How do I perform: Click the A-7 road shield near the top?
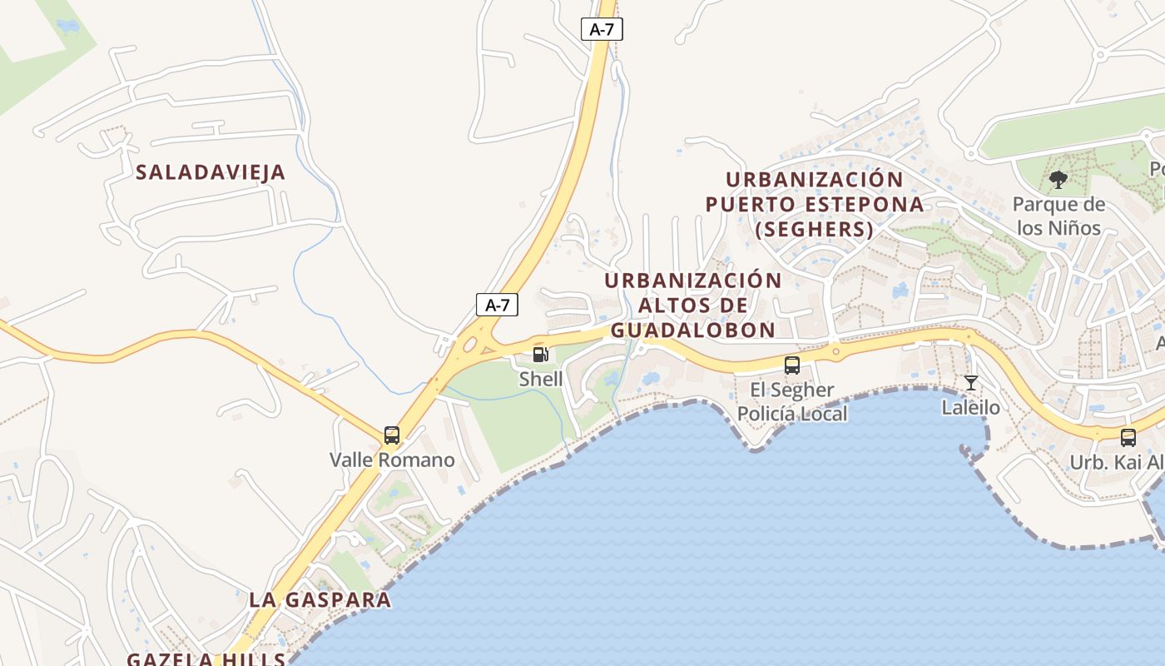pos(602,29)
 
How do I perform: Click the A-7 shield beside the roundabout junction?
pos(497,305)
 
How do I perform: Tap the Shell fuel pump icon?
pos(541,355)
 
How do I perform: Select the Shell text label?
pos(541,379)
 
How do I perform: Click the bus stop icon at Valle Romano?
pos(392,435)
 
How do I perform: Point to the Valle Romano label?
pos(392,460)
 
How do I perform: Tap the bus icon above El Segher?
pos(792,365)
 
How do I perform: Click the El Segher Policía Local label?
pos(792,401)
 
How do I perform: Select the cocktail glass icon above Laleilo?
pos(970,383)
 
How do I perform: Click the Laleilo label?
pos(970,408)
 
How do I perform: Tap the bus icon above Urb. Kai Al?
pos(1128,437)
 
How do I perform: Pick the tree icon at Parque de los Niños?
pos(1058,179)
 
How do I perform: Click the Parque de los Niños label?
pos(1058,216)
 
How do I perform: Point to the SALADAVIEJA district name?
pos(211,172)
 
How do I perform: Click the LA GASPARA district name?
pos(320,599)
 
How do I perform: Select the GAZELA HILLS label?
pos(206,659)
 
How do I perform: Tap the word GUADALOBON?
pos(693,330)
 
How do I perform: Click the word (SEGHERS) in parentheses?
pos(814,228)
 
